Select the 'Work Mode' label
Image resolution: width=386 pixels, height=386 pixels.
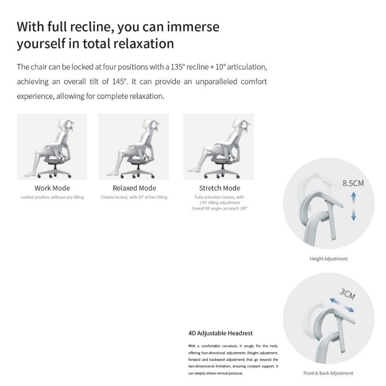(52, 188)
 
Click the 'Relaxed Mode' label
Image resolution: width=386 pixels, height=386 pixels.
(135, 188)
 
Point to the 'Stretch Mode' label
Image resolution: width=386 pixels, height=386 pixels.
(220, 188)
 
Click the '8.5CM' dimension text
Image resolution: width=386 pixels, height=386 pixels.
(353, 183)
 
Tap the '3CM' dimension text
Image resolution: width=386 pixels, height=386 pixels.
(347, 294)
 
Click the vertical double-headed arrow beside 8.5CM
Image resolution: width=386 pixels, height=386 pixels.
(354, 207)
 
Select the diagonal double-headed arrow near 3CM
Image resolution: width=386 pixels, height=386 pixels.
(342, 305)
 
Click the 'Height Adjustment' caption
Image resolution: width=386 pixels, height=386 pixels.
(329, 259)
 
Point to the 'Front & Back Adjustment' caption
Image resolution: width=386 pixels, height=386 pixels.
(329, 373)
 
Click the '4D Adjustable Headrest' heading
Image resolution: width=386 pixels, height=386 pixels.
(221, 333)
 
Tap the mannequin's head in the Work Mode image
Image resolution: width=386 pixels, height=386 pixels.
(64, 124)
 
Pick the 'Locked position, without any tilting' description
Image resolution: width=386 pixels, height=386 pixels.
(52, 197)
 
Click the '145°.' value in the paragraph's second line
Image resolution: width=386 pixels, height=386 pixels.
(120, 82)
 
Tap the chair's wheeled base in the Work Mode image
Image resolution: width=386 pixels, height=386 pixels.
(54, 172)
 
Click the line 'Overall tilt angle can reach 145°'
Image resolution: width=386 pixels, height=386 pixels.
(220, 208)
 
